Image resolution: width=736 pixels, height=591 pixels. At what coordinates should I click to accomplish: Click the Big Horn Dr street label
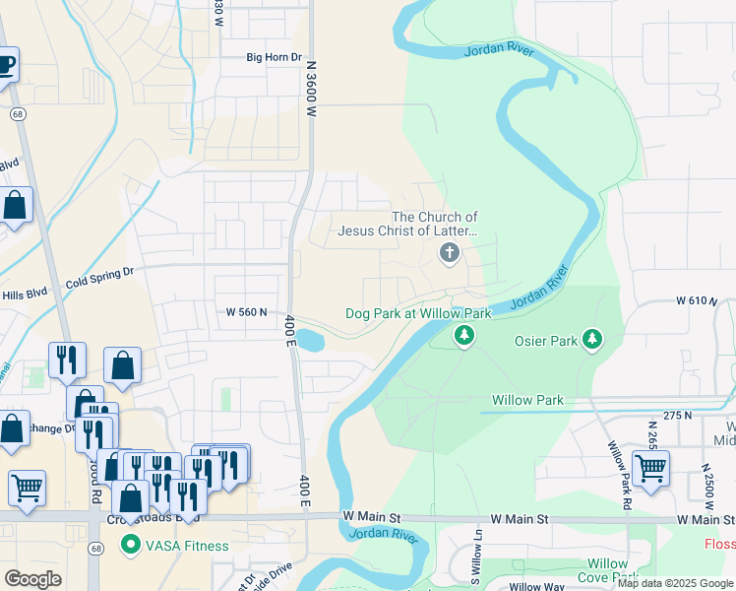[x=274, y=57]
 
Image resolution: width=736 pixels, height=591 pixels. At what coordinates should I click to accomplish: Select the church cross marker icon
[x=450, y=254]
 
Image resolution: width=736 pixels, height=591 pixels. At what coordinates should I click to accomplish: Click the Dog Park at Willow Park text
[x=418, y=313]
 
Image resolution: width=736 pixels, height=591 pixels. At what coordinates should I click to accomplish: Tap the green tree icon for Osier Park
[x=591, y=340]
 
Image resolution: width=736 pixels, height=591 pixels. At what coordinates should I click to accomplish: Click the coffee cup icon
[x=6, y=66]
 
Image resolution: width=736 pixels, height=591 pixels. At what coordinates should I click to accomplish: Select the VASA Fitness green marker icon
[x=129, y=545]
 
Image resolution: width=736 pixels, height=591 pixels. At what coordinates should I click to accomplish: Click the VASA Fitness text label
[x=187, y=546]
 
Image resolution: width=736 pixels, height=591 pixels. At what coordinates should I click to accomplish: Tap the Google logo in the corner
[x=33, y=579]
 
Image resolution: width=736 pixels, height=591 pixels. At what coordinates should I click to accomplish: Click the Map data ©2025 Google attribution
[x=675, y=583]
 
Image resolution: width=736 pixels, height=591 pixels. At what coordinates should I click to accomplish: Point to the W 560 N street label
[x=246, y=312]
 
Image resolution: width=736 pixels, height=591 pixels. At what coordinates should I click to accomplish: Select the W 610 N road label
[x=697, y=299]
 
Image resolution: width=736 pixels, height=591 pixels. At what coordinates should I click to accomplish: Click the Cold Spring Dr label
[x=98, y=279]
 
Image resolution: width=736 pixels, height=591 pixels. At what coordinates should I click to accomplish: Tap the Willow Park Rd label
[x=620, y=475]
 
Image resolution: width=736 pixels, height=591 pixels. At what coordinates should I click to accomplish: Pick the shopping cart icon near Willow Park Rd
[x=650, y=469]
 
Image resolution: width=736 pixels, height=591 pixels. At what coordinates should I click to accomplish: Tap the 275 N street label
[x=678, y=417]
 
